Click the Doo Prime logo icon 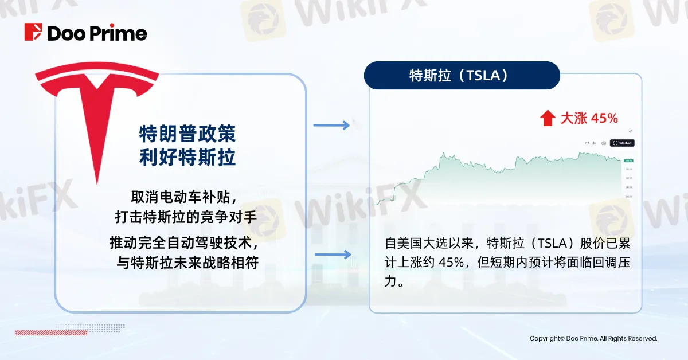33,33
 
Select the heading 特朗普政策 187,134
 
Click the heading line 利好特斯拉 187,157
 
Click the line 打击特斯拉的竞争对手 184,218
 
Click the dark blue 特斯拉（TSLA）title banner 462,76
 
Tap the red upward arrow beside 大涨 548,119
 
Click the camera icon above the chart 603,143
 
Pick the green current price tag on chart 628,160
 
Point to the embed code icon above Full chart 630,131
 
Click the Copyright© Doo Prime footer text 593,339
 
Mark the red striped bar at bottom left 34,332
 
